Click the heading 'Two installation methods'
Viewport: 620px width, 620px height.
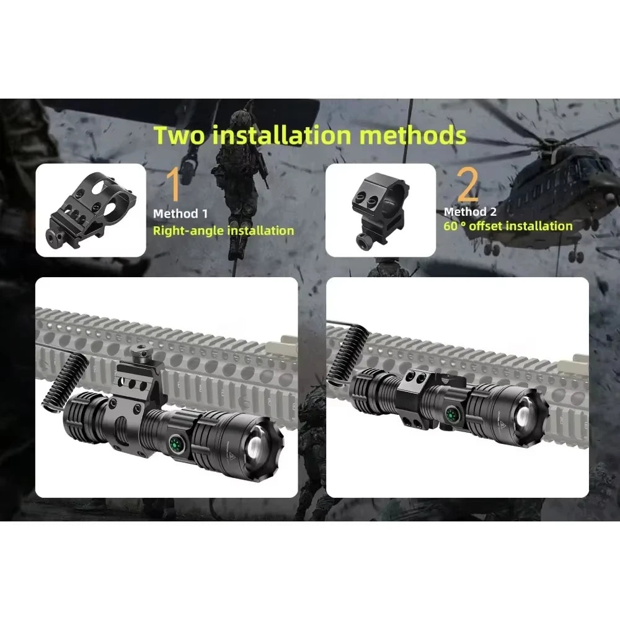click(309, 135)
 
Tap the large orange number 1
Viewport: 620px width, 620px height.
click(174, 185)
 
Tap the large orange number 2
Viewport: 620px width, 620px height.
click(467, 185)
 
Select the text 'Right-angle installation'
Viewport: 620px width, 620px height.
click(223, 231)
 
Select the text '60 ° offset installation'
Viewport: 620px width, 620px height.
click(508, 226)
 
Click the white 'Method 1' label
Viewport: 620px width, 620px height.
click(180, 214)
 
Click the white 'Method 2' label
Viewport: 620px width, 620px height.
click(470, 212)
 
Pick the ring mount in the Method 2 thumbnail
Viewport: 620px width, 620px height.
click(380, 210)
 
